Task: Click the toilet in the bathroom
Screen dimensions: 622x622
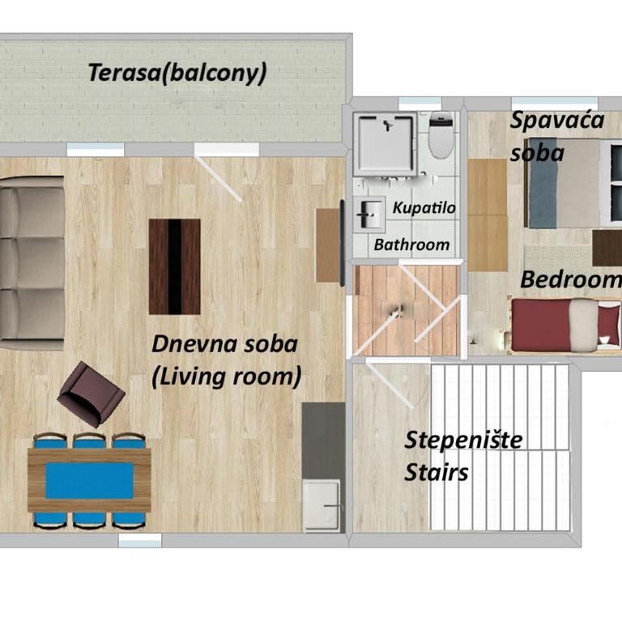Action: pos(441,135)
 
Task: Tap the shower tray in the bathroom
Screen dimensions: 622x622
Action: pos(386,144)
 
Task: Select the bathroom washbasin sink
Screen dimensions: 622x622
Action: pos(369,214)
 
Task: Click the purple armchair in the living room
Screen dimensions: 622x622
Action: pos(91,394)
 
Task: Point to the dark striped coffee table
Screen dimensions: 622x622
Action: pos(175,266)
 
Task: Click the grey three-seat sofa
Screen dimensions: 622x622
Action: pos(32,262)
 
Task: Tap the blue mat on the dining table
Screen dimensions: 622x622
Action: pos(89,481)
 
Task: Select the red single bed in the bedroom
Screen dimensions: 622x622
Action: pos(564,326)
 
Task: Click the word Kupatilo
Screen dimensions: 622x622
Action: pos(424,208)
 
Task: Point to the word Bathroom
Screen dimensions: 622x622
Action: pos(411,245)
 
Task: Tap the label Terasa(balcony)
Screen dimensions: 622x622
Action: pos(177,73)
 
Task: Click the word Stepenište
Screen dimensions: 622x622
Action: pos(463,440)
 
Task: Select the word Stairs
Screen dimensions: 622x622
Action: pos(437,472)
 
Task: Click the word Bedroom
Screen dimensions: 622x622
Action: pos(570,279)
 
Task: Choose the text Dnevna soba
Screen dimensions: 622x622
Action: pos(224,343)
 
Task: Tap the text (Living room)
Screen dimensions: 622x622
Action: pos(227,376)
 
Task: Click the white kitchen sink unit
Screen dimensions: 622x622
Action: pos(322,505)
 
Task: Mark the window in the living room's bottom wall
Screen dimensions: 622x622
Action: pos(140,540)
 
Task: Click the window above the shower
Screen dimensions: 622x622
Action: pos(420,103)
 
